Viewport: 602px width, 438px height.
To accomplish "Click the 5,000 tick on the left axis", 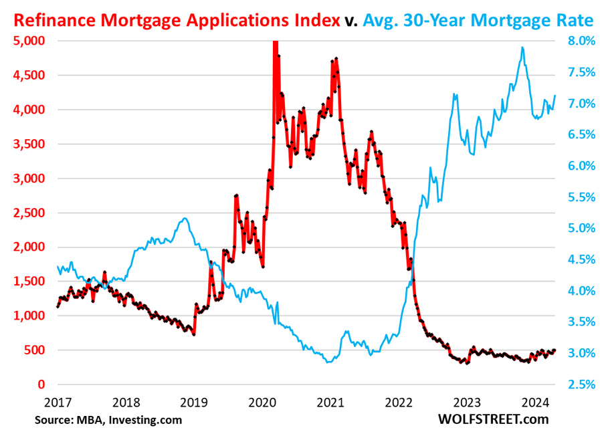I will pos(28,41).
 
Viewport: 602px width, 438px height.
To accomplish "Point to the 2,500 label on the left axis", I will pos(28,213).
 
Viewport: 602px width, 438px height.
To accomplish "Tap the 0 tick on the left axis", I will pos(41,385).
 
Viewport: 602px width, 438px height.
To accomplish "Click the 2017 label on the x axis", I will pos(58,403).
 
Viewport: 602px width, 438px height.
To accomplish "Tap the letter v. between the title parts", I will pos(352,21).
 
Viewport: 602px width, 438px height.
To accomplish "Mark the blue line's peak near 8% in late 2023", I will pos(522,47).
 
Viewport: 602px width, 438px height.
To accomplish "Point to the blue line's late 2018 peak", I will pos(185,219).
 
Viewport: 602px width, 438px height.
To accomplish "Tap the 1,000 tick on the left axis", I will pos(28,316).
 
